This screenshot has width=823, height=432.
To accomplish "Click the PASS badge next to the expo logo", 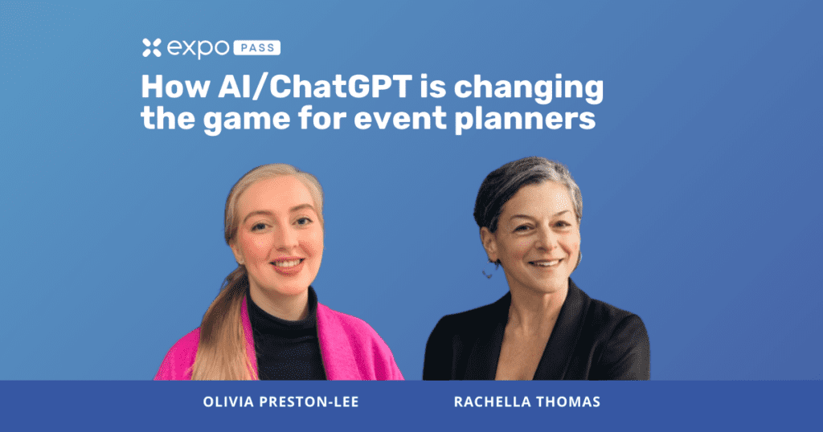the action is click(x=256, y=47).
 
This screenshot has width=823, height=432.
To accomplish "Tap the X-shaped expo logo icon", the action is click(x=152, y=47).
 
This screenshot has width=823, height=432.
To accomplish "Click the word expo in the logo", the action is click(x=198, y=49).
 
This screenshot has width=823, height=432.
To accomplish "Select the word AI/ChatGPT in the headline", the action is click(x=315, y=87).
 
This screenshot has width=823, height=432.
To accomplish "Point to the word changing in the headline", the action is click(x=529, y=89).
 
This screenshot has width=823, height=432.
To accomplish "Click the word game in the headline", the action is click(x=247, y=120).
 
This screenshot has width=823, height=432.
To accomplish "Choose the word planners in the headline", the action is click(x=525, y=119).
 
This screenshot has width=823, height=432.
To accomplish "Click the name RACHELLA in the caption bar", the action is click(x=485, y=402).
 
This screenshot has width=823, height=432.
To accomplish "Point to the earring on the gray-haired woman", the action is click(x=488, y=273).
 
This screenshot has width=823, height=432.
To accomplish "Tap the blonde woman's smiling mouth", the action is click(x=288, y=263).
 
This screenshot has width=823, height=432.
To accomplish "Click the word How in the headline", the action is click(x=176, y=87).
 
